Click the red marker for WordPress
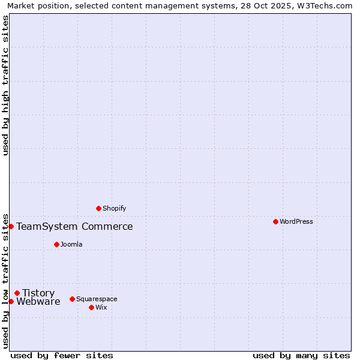[x=275, y=221]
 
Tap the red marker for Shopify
[x=98, y=208]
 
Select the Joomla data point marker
[x=56, y=244]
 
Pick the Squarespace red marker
[x=72, y=299]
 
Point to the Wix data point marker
[x=91, y=307]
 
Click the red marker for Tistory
[x=17, y=293]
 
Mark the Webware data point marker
[x=11, y=301]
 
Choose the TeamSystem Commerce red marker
[x=11, y=226]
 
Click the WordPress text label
[x=296, y=221]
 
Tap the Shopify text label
[x=114, y=208]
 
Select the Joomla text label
[x=71, y=244]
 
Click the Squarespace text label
[x=97, y=299]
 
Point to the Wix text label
[x=101, y=307]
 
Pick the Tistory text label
[x=38, y=293]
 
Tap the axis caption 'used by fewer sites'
[x=62, y=355]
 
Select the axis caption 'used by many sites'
[x=301, y=355]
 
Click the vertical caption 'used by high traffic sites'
[x=5, y=85]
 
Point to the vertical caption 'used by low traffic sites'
[x=5, y=280]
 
